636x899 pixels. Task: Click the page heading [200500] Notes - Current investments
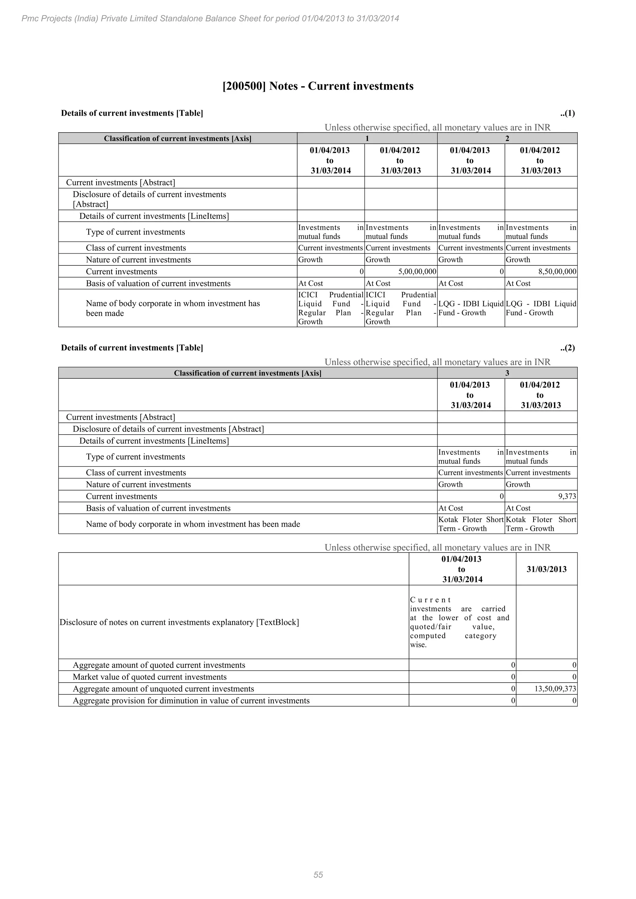point(318,86)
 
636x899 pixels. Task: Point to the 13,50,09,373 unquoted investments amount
point(555,689)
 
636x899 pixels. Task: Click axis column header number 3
point(507,373)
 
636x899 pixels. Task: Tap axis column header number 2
point(507,139)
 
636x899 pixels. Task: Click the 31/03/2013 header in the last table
point(546,569)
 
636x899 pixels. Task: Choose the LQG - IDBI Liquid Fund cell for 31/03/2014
point(470,308)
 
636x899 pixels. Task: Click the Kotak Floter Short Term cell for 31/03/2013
point(541,524)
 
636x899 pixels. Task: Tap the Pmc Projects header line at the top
point(210,18)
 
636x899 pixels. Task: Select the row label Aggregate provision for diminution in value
point(191,701)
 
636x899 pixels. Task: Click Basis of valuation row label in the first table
point(158,283)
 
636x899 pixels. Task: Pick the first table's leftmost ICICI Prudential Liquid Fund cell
point(330,308)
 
